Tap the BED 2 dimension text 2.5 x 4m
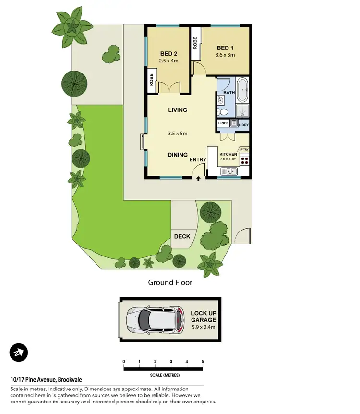point(168,61)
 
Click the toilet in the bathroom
point(223,112)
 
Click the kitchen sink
point(228,171)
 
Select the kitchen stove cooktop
point(244,161)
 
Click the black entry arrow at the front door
point(199,179)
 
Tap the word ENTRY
point(198,160)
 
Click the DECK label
point(182,236)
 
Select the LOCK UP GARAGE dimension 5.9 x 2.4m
point(203,327)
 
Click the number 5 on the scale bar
point(203,361)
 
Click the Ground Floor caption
point(170,282)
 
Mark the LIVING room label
point(177,110)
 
